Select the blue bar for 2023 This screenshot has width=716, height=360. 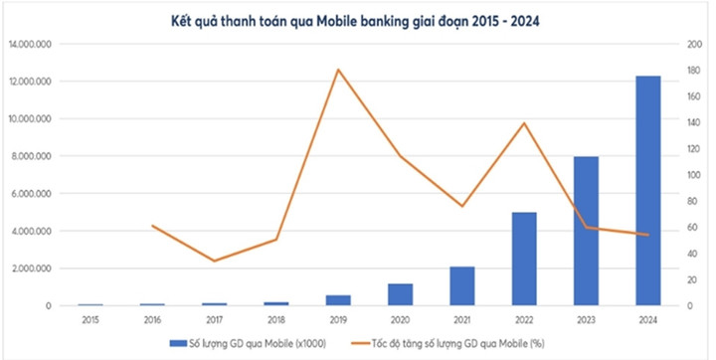click(x=585, y=231)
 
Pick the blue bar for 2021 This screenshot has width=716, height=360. click(x=461, y=285)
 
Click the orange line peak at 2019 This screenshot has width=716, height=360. click(x=338, y=69)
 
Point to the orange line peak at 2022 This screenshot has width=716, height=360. click(x=524, y=122)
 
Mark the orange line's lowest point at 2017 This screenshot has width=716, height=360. click(x=214, y=261)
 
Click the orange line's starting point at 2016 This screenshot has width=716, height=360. click(x=152, y=226)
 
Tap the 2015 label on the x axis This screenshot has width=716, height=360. click(x=90, y=319)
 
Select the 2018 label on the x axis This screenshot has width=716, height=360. click(x=275, y=319)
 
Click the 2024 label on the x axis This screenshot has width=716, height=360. click(x=647, y=319)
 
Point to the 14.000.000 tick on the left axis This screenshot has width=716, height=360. click(x=31, y=44)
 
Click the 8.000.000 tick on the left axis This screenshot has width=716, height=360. click(x=34, y=156)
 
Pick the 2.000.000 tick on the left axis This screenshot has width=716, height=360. click(x=34, y=269)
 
